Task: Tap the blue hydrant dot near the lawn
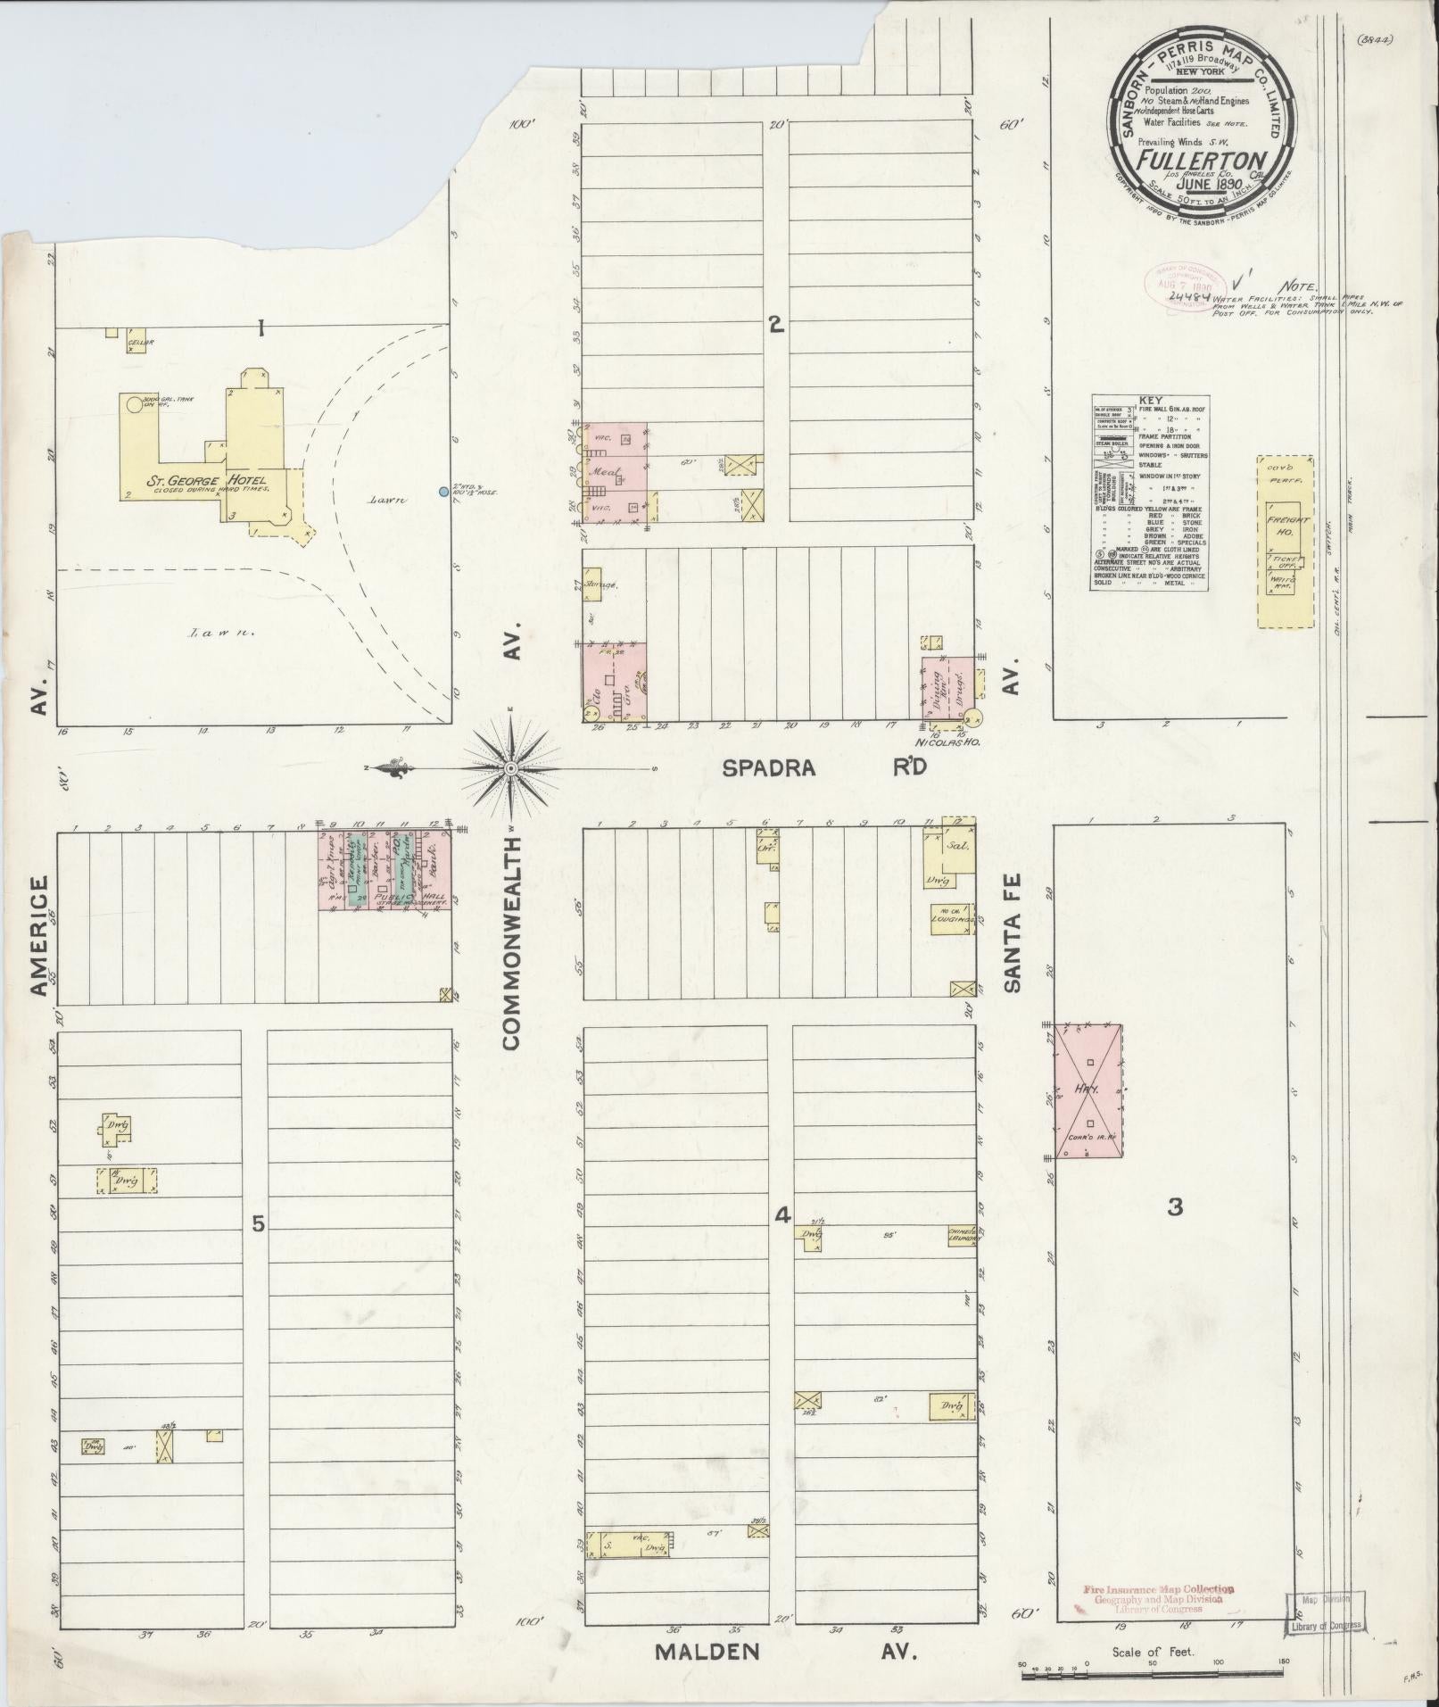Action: [444, 492]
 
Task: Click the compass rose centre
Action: [511, 768]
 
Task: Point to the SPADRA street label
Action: [769, 767]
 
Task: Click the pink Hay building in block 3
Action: [1088, 1091]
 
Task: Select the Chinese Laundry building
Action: [964, 1234]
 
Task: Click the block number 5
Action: [258, 1224]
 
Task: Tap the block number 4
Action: [782, 1214]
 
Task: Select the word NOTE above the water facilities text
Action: [1298, 286]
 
